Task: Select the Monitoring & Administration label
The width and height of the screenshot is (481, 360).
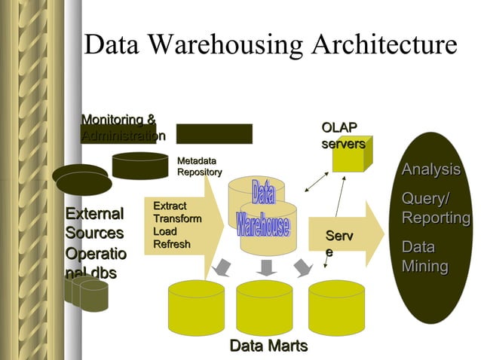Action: click(121, 128)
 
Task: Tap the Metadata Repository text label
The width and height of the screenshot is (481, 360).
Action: click(199, 166)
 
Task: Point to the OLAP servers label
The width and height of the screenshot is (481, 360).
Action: click(343, 136)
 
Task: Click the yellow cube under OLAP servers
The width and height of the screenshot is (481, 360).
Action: click(352, 157)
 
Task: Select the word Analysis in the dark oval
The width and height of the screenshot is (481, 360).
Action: click(430, 169)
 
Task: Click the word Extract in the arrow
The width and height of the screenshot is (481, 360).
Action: click(170, 206)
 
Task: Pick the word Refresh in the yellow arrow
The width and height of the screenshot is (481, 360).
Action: click(172, 244)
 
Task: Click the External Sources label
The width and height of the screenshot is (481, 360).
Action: click(94, 223)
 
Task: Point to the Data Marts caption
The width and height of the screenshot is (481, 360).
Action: click(268, 346)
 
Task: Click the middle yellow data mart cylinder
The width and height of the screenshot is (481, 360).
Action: click(264, 307)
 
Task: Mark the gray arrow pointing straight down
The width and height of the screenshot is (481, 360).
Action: click(265, 267)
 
